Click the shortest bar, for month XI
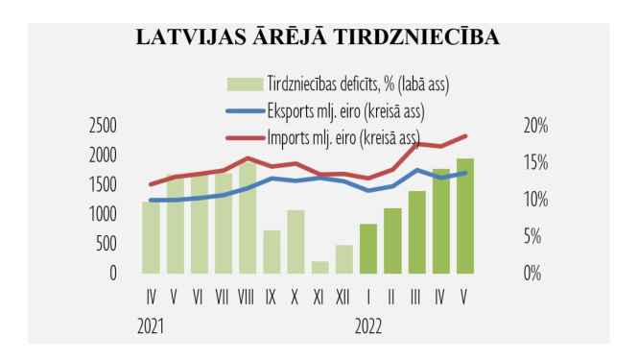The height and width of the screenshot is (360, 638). [319, 267]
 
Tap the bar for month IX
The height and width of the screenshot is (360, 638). [272, 252]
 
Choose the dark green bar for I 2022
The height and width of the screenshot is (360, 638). [368, 249]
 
